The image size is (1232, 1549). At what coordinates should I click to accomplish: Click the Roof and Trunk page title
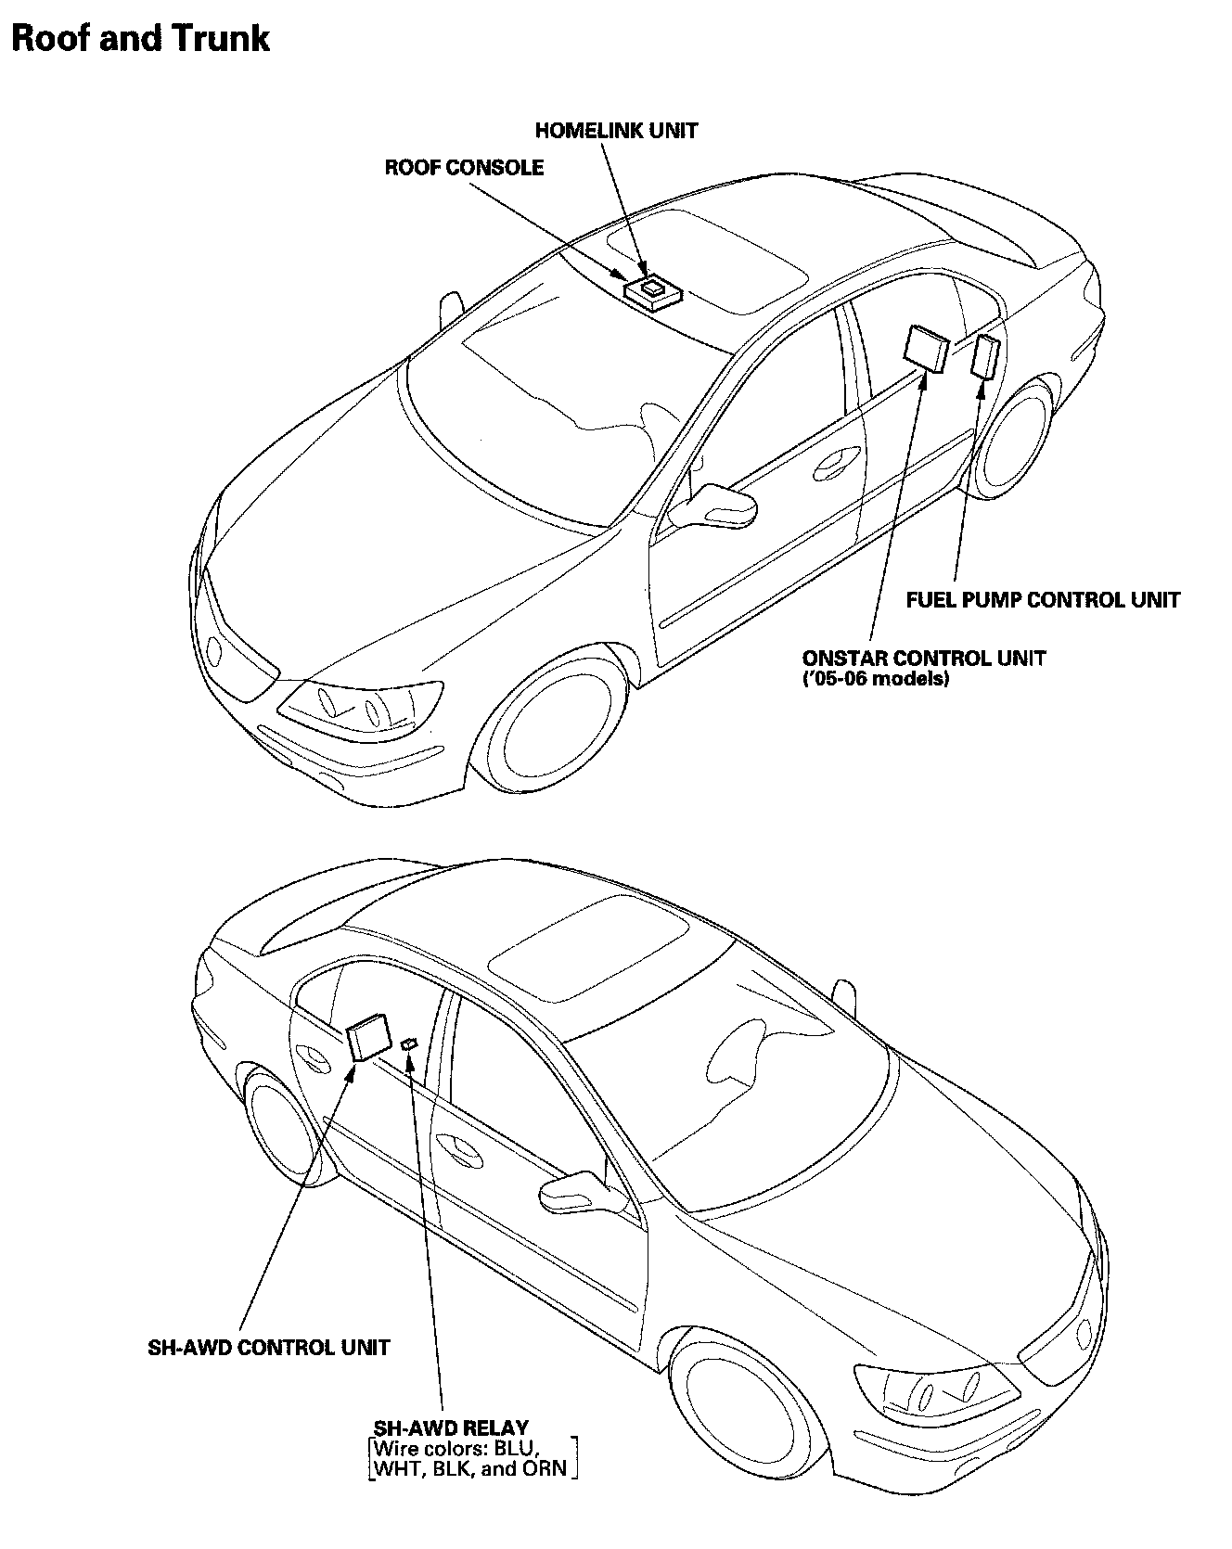click(x=140, y=39)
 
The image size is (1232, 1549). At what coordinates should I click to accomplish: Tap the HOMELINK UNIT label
click(x=616, y=131)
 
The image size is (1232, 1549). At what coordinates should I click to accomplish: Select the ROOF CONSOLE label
click(x=464, y=168)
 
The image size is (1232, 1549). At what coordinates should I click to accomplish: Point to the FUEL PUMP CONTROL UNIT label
click(x=1042, y=600)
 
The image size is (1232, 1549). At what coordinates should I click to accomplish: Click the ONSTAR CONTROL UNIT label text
click(x=923, y=659)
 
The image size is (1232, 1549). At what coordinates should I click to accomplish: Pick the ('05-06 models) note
click(x=875, y=679)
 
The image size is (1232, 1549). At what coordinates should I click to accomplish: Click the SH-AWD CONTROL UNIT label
click(x=269, y=1347)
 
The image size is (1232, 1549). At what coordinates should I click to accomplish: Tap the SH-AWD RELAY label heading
click(x=451, y=1427)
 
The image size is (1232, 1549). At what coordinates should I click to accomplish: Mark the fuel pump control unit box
click(x=984, y=357)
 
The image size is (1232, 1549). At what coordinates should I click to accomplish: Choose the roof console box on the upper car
click(x=653, y=291)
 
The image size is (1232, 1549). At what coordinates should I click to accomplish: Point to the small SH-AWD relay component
click(x=409, y=1044)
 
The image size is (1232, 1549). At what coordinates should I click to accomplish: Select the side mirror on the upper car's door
click(x=719, y=506)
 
